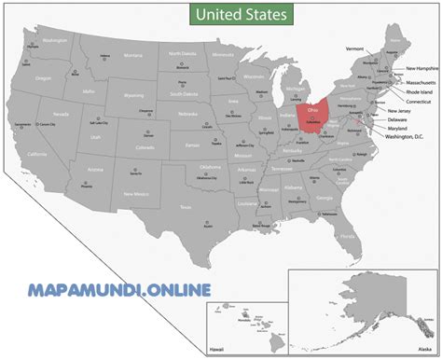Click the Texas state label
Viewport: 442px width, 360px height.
tap(186, 206)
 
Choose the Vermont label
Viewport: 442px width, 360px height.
tap(354, 48)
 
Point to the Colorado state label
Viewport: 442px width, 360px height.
tap(145, 147)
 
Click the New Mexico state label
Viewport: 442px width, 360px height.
tap(135, 193)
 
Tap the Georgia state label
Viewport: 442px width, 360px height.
tap(324, 199)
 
